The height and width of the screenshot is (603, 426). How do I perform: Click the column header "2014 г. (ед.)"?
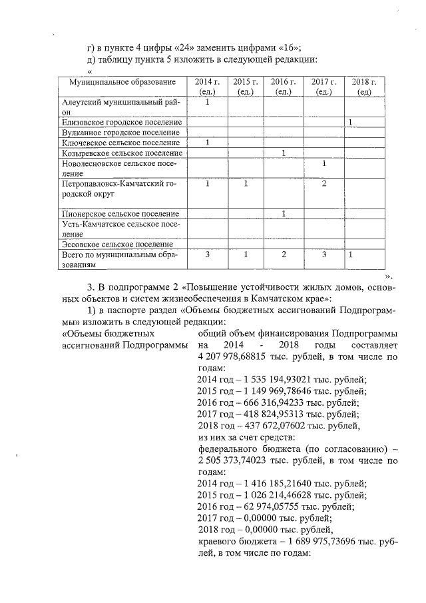click(208, 87)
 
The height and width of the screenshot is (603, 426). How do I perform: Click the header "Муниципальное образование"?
click(122, 82)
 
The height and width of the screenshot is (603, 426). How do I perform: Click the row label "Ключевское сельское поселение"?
click(120, 143)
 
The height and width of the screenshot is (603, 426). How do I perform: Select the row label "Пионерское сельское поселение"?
click(120, 214)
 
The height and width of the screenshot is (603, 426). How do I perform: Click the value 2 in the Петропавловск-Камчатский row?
click(323, 184)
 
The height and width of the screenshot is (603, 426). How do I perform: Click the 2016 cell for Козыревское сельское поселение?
click(284, 153)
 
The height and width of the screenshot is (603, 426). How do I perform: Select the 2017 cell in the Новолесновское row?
click(323, 163)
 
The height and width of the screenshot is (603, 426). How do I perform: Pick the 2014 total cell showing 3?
click(208, 255)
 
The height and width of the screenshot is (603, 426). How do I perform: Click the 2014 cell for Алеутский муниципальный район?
click(208, 103)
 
